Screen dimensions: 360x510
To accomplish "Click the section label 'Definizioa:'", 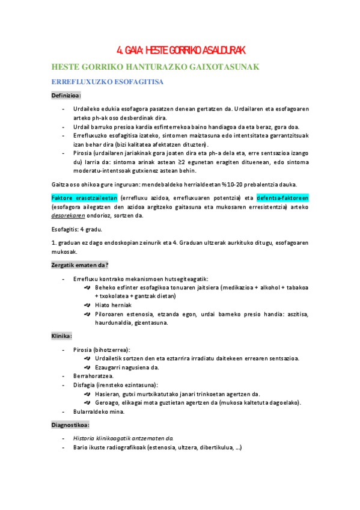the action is pyautogui.click(x=66, y=95).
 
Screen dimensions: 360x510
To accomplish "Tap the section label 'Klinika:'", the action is pyautogui.click(x=62, y=336).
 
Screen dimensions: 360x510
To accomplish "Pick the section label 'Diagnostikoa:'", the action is pyautogui.click(x=71, y=425).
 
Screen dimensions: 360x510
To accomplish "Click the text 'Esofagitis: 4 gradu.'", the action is pyautogui.click(x=76, y=229).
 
